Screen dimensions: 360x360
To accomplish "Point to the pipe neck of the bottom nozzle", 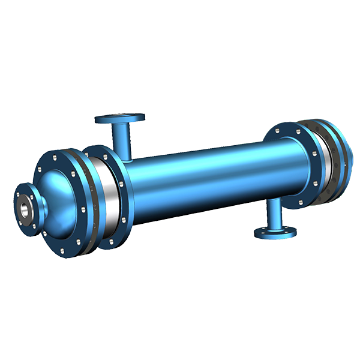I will (274, 215).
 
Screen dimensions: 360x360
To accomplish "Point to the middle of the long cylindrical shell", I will (204, 174).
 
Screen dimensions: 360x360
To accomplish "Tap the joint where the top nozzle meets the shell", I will (127, 157).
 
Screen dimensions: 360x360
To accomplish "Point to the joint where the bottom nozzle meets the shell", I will (274, 203).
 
